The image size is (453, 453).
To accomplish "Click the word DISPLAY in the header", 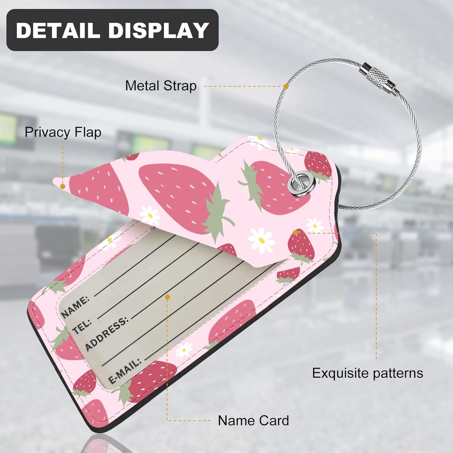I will pos(158,30).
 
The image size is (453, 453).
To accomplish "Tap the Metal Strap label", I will pos(161,86).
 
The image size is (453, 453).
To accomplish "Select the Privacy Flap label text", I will pos(63,132).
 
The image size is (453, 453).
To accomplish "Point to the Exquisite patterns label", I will pos(367,373).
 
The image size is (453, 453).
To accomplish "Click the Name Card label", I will pos(253,420).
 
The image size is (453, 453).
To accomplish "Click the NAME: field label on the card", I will pos(75,306).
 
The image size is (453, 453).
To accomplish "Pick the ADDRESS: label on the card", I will pos(106,334).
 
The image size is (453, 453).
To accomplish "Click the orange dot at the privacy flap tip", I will pos(63,186).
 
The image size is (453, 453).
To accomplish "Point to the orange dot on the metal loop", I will pos(286,86).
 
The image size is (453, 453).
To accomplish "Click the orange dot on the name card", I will pos(167,297).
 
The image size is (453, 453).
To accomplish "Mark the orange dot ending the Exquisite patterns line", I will pos(296,232).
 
